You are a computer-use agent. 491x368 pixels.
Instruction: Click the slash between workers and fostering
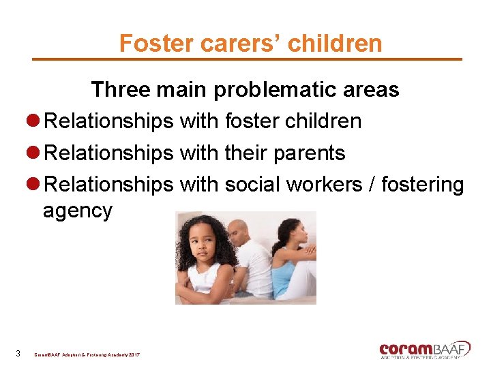click(373, 185)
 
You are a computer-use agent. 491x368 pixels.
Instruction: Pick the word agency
click(77, 211)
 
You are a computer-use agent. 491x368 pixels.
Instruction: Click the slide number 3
click(18, 353)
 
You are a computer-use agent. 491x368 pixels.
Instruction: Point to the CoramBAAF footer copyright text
click(87, 354)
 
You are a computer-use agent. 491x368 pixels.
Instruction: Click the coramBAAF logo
click(425, 349)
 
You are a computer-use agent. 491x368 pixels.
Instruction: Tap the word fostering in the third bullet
click(422, 185)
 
